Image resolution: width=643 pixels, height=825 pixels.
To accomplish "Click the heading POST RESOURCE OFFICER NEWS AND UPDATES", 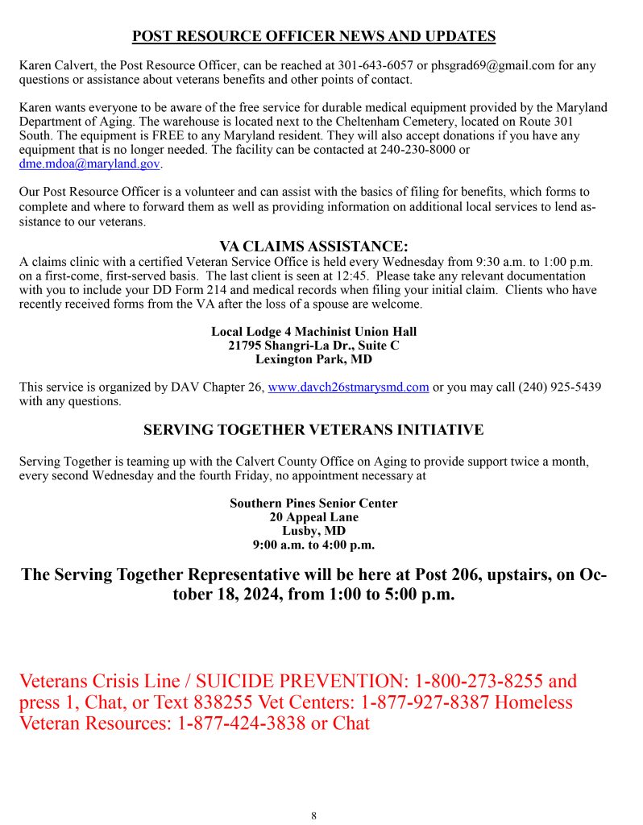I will click(x=313, y=36).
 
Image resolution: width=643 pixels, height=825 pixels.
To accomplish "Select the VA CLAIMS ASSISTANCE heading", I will click(x=313, y=246).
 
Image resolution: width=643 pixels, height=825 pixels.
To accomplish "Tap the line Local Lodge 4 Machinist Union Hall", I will click(x=313, y=332).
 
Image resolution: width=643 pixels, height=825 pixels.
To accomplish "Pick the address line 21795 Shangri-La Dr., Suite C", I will click(x=313, y=346).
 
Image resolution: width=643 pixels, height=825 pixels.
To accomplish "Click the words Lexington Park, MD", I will click(x=313, y=359).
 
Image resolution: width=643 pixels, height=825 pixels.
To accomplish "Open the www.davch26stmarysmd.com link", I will click(x=348, y=388).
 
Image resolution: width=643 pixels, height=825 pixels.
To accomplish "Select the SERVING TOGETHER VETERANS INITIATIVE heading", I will click(x=313, y=430).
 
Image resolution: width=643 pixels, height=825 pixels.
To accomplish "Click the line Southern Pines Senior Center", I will click(x=313, y=504).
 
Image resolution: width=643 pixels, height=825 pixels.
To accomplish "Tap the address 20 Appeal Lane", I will click(x=313, y=517).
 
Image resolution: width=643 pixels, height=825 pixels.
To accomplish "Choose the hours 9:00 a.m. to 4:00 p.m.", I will click(x=313, y=545).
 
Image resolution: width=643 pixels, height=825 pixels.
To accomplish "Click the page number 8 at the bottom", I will click(x=313, y=815).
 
